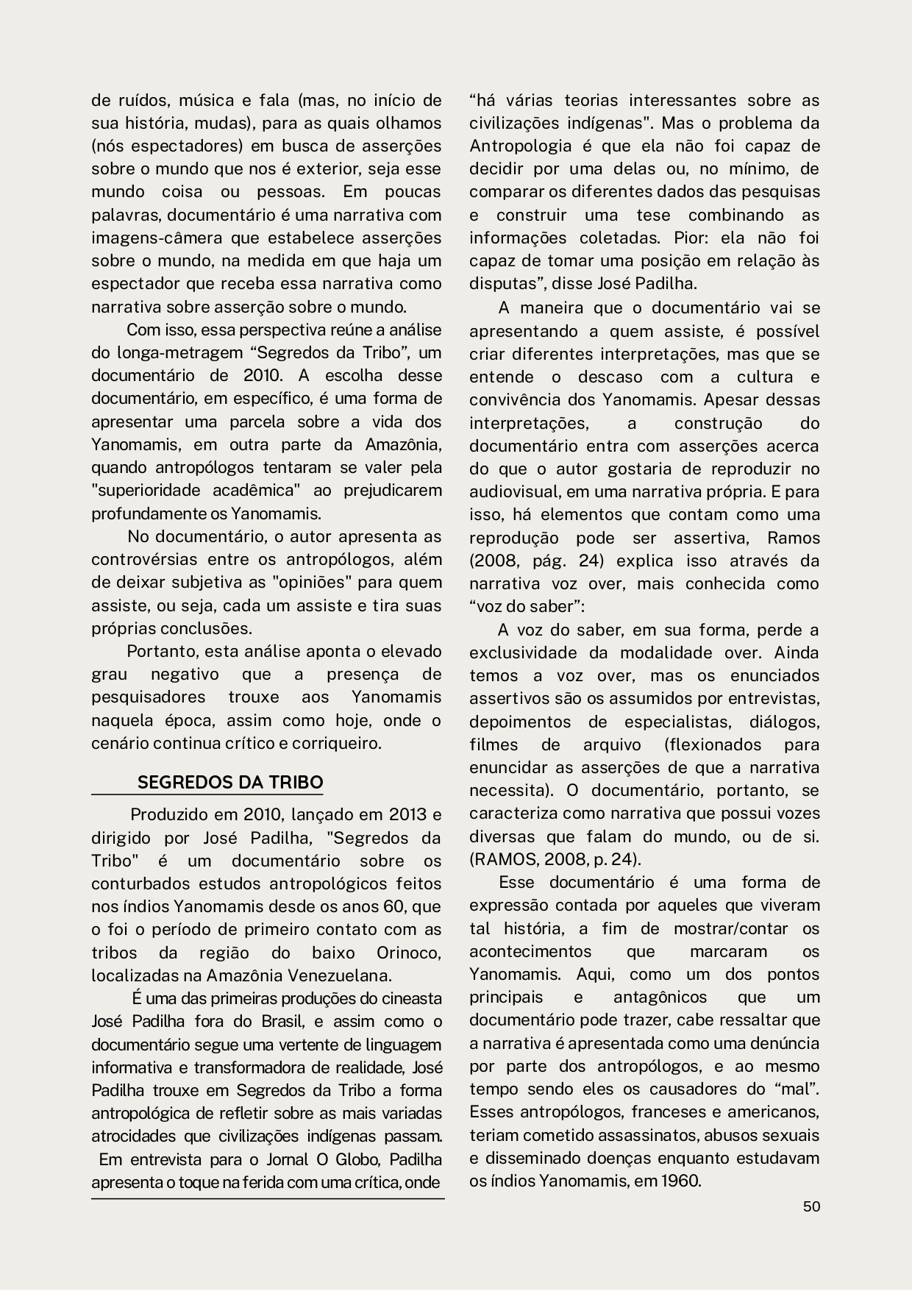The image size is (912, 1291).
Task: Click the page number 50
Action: point(811,1206)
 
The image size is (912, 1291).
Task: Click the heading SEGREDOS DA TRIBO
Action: point(230,782)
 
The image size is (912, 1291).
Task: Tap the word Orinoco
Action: point(409,953)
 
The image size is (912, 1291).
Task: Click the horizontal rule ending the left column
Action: point(268,1198)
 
